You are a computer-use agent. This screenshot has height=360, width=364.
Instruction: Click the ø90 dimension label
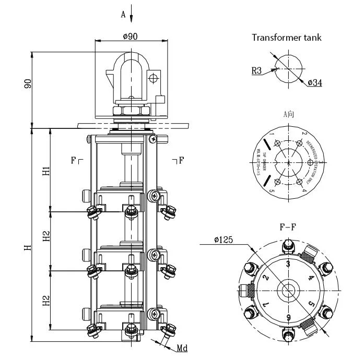[130, 37]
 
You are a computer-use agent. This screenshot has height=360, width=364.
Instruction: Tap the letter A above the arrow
[123, 15]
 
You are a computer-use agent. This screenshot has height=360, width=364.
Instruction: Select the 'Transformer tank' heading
[287, 37]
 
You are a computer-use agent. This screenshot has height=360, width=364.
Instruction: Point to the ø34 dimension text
[314, 83]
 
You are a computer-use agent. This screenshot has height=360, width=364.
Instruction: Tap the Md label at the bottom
[182, 348]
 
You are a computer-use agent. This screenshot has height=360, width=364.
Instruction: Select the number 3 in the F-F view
[288, 263]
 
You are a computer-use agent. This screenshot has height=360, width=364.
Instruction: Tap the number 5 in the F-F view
[312, 303]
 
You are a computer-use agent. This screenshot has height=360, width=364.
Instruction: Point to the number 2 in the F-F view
[265, 277]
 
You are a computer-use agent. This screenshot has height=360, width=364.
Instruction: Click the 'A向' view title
[288, 114]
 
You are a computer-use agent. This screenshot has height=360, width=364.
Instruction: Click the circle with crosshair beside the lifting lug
[153, 79]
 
